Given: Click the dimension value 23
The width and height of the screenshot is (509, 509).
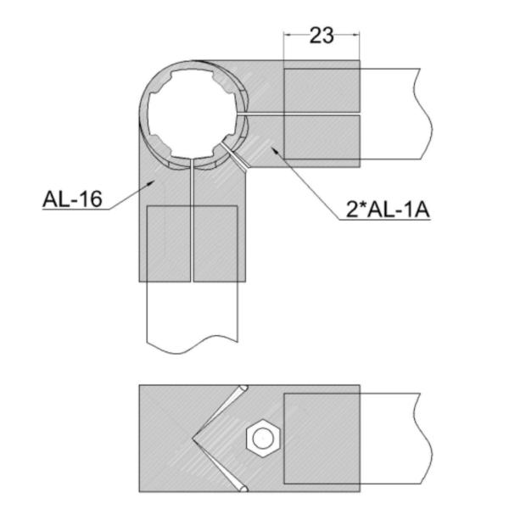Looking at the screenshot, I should click(322, 35).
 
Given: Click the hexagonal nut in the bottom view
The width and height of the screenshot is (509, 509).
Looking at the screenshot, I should click(262, 439).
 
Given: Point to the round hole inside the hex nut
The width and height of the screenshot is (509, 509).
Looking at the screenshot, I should click(262, 439).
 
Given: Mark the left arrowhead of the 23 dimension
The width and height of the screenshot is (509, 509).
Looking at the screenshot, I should click(286, 35).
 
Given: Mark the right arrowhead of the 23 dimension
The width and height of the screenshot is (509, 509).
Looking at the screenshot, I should click(356, 35).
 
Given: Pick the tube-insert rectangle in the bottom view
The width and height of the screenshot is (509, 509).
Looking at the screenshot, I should click(321, 439).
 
